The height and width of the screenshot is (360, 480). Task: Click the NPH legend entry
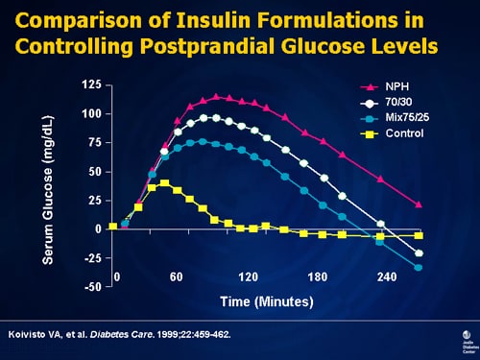396,86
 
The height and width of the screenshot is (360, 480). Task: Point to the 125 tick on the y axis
90,85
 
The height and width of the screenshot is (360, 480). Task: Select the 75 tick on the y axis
93,143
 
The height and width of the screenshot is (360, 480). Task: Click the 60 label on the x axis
176,277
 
